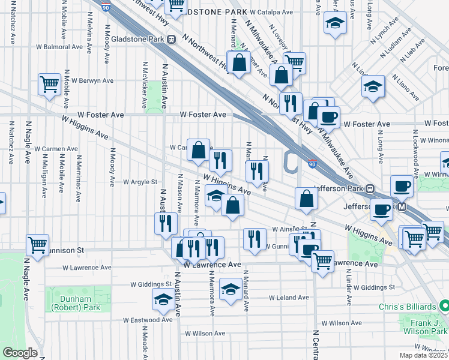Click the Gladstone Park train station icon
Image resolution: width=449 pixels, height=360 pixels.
pyautogui.click(x=171, y=40)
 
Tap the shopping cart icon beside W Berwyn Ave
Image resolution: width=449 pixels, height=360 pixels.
pyautogui.click(x=49, y=83)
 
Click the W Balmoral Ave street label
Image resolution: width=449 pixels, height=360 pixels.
pyautogui.click(x=58, y=46)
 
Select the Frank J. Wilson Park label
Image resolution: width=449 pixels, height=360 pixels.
pyautogui.click(x=426, y=326)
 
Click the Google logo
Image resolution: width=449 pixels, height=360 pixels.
pyautogui.click(x=20, y=353)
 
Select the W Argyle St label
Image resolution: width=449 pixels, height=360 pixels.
pyautogui.click(x=139, y=182)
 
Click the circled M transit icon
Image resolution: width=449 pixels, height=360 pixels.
pyautogui.click(x=402, y=207)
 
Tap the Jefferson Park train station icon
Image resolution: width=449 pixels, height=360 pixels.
pyautogui.click(x=371, y=188)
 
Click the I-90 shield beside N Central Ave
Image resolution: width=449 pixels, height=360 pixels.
pyautogui.click(x=313, y=163)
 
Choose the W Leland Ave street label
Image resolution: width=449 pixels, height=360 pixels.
pyautogui.click(x=288, y=298)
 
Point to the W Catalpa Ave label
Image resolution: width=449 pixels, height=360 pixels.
pyautogui.click(x=271, y=11)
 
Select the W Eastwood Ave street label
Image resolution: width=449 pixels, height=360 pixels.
pyautogui.click(x=148, y=320)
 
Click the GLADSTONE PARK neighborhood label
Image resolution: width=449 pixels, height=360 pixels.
pyautogui.click(x=210, y=11)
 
